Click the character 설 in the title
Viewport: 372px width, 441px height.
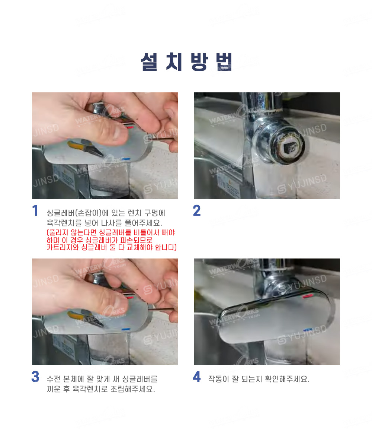tap(149, 62)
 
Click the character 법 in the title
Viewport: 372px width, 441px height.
tap(224, 62)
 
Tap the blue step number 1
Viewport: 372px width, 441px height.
tap(35, 211)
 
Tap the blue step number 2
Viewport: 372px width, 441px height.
tap(197, 211)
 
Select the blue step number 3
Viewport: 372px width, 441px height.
tap(35, 377)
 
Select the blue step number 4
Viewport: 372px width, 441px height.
tap(197, 377)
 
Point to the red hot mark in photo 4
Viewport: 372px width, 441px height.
tap(308, 296)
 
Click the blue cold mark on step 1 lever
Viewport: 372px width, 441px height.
tap(126, 159)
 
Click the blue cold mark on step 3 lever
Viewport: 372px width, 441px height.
tap(126, 329)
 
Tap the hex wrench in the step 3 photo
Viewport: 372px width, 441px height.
tap(161, 310)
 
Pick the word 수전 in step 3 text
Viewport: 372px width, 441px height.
tap(54, 379)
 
